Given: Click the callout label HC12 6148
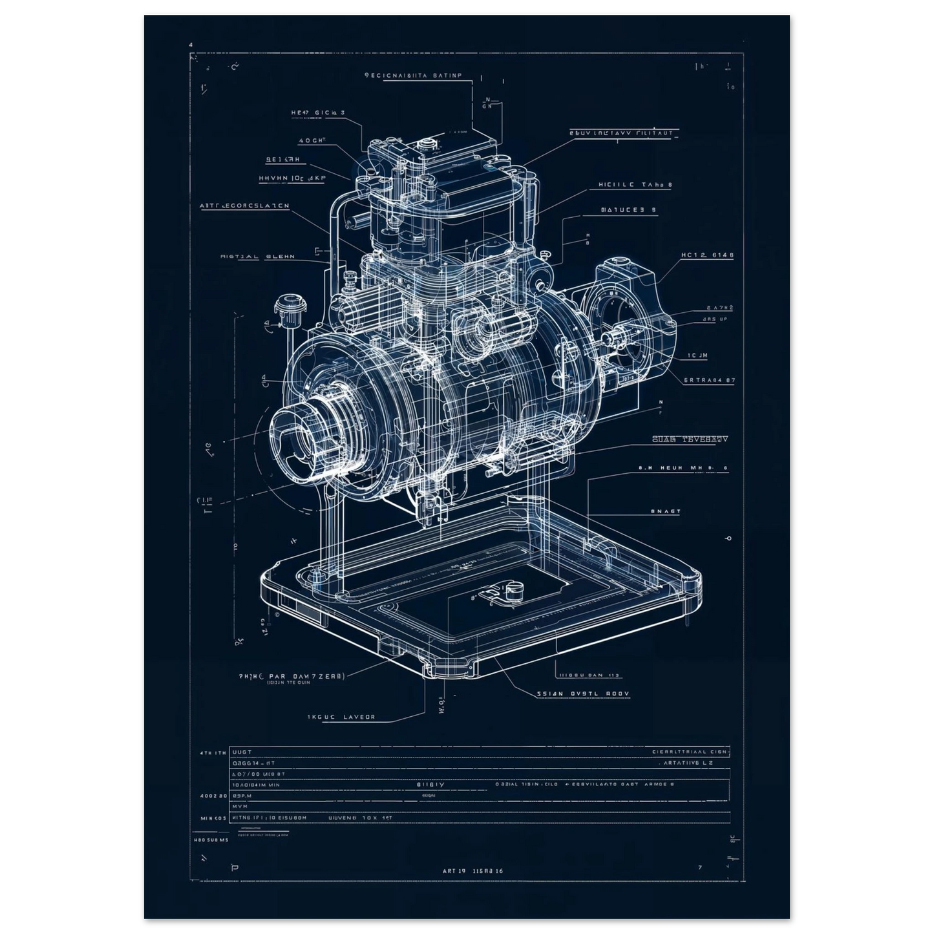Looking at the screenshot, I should pos(707,255).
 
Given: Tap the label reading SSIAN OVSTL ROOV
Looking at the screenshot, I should pos(583,694).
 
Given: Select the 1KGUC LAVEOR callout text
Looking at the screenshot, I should pos(341,717).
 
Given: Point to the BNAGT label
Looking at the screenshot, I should pos(665,511).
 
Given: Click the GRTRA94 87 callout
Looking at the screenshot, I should pos(709,381).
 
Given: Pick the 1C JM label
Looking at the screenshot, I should pos(698,356).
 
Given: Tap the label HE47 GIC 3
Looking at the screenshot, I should pos(317,112).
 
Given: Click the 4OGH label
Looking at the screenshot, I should pos(312,140).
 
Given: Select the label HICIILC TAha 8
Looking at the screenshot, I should pos(635,185).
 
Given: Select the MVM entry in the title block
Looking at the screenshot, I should pos(240,807).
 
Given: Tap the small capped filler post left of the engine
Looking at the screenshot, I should pos(288,306).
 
